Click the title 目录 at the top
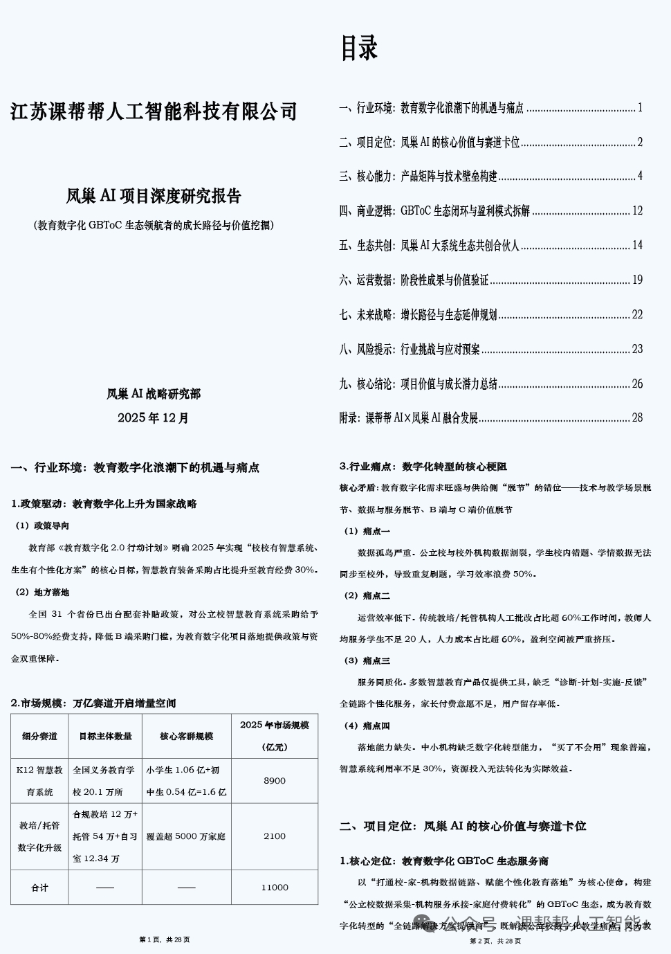click(x=359, y=48)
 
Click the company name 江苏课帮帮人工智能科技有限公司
click(x=154, y=111)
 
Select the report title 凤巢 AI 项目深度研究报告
click(x=154, y=196)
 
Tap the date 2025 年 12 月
click(x=153, y=417)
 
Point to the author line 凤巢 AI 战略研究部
click(x=154, y=394)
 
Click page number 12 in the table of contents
click(x=637, y=210)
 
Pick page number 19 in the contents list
click(x=637, y=280)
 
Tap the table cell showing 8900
click(x=275, y=781)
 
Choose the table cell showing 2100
click(x=275, y=836)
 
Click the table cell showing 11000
click(x=275, y=888)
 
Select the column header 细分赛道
click(x=39, y=736)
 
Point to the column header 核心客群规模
click(x=186, y=736)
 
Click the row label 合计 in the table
click(x=39, y=888)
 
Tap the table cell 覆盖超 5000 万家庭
click(x=186, y=836)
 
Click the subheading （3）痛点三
click(x=367, y=660)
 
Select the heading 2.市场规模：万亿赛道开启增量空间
click(x=93, y=703)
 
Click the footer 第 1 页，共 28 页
click(x=165, y=939)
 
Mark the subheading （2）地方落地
click(x=42, y=593)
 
